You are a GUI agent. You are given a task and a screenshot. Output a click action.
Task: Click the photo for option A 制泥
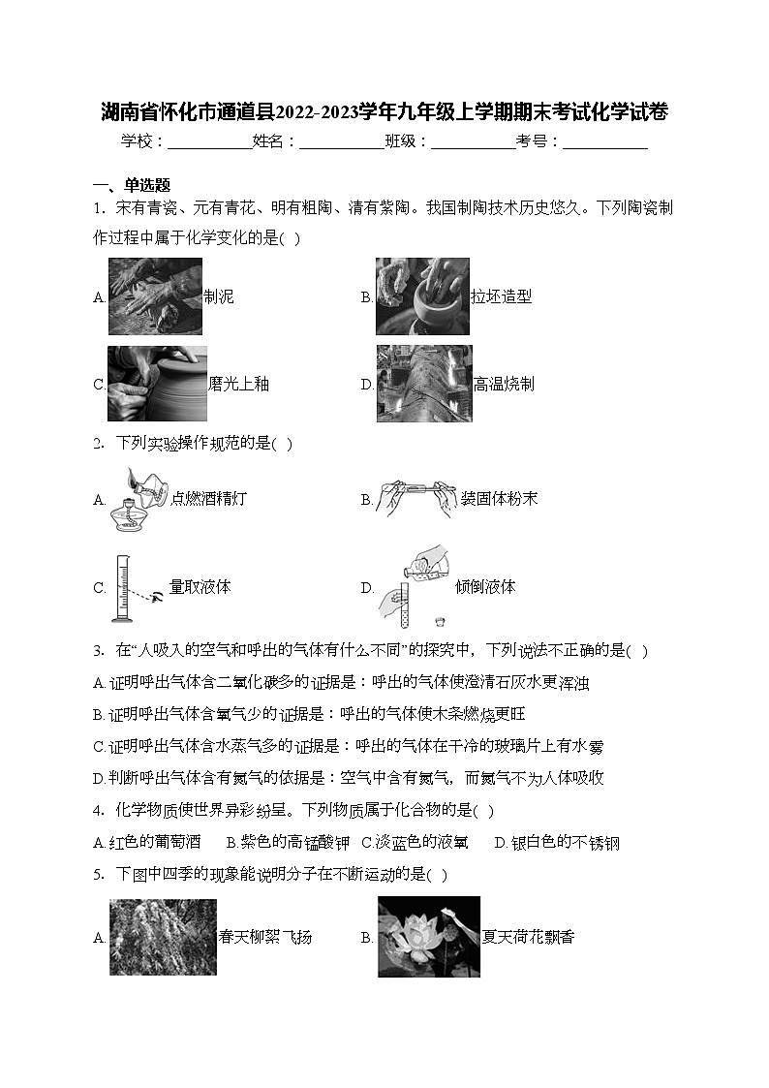(x=155, y=295)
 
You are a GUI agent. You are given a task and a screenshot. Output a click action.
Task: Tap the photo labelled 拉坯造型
(x=422, y=295)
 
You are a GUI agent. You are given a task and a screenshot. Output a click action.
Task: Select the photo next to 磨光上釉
(x=157, y=384)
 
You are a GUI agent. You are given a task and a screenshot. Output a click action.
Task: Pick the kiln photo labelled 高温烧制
(x=423, y=384)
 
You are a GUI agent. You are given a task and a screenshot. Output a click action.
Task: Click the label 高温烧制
(x=504, y=384)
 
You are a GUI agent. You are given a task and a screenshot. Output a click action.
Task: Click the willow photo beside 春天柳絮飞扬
(x=163, y=937)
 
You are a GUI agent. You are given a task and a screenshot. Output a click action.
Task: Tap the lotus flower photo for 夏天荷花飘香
(x=428, y=937)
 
